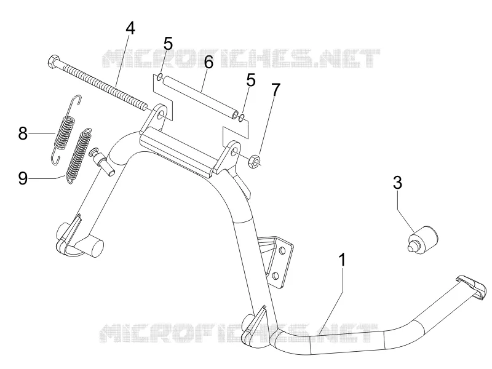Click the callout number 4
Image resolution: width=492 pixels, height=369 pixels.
[130, 28]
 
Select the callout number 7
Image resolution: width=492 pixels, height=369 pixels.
[275, 90]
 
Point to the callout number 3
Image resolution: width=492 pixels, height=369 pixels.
[397, 182]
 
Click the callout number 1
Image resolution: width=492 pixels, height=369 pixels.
[343, 260]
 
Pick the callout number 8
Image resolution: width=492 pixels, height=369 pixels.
[23, 133]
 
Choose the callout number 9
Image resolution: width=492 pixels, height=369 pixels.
[23, 178]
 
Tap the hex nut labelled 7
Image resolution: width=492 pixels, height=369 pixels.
[255, 161]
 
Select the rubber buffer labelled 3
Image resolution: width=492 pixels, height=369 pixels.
[423, 240]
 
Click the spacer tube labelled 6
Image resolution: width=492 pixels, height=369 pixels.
[200, 97]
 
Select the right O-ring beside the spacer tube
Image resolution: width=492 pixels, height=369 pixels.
[242, 118]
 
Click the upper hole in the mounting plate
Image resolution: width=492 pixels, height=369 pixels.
[282, 250]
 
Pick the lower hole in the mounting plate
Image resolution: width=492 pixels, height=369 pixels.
[275, 276]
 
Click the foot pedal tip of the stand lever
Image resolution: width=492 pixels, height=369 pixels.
[472, 287]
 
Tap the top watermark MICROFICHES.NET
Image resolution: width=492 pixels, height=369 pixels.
[242, 58]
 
